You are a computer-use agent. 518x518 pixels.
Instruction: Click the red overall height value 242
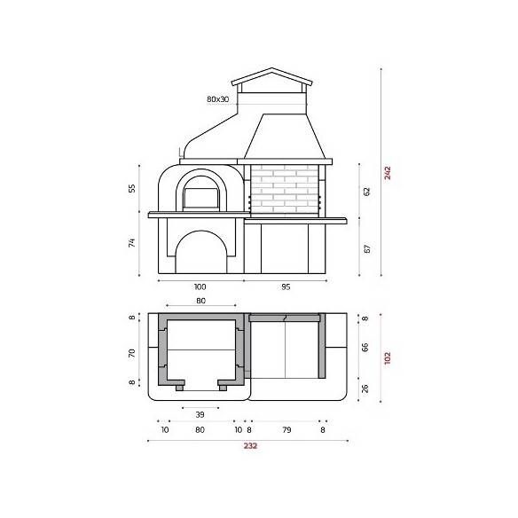click(x=388, y=173)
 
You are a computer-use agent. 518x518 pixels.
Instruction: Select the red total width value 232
click(x=250, y=445)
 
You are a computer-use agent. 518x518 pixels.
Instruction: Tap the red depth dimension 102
click(x=388, y=357)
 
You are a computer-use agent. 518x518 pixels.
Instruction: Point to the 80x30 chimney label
click(x=217, y=99)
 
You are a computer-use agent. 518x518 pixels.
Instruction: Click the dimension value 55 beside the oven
click(x=132, y=189)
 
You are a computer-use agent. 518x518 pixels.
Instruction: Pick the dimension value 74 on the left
click(x=132, y=243)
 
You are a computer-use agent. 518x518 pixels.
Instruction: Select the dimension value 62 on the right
click(x=366, y=192)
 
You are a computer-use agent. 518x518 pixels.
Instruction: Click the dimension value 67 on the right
click(x=366, y=248)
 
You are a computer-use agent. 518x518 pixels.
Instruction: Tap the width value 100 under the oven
click(x=200, y=286)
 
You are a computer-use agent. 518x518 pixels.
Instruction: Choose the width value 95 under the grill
click(x=286, y=286)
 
